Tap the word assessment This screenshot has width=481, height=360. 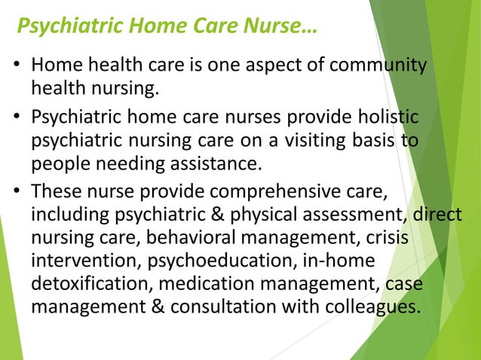[356, 215]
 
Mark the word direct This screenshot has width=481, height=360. [437, 215]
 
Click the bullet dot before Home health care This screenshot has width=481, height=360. [17, 69]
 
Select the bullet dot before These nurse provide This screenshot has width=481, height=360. [17, 191]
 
